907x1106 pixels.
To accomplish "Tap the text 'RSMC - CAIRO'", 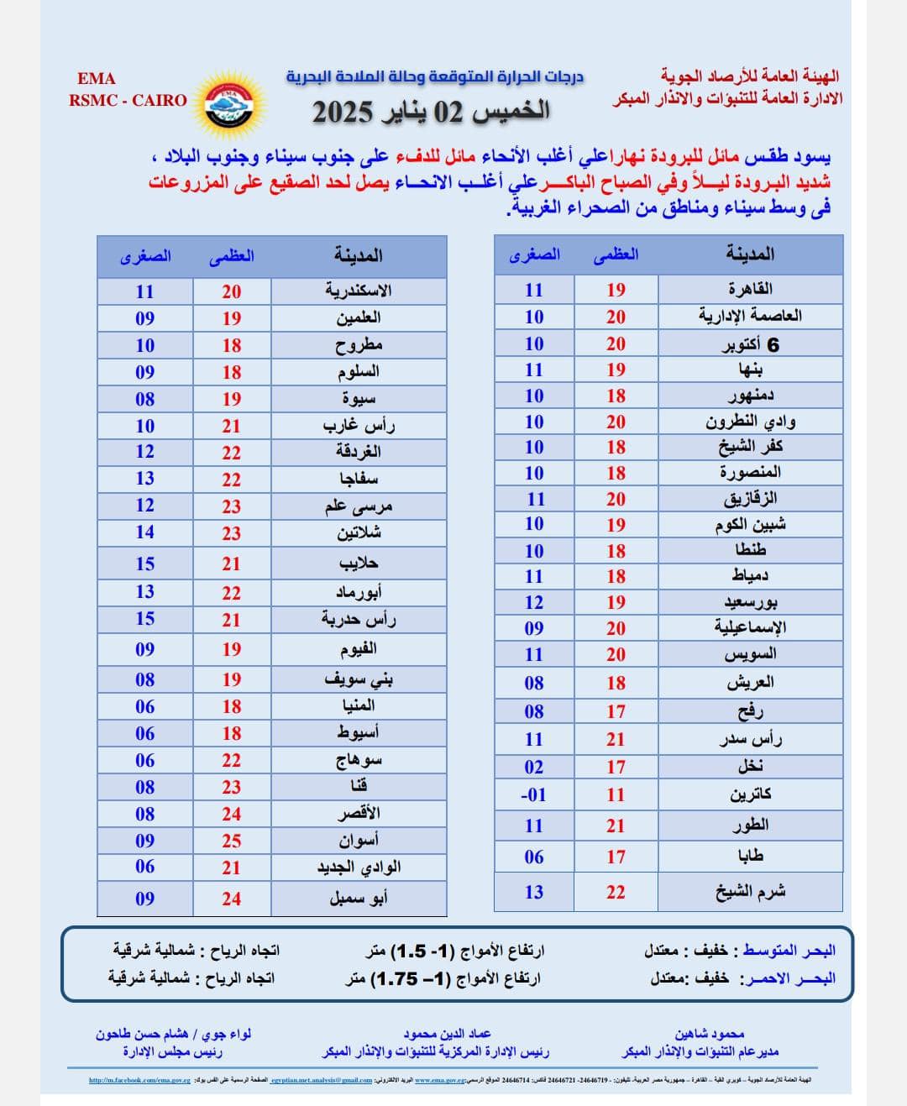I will tap(128, 100).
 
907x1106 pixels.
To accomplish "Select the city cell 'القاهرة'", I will tap(750, 289).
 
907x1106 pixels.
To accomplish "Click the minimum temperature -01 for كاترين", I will tap(533, 794).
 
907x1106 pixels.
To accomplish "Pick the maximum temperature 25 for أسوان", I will tap(231, 841).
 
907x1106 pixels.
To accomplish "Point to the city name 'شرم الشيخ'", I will tap(750, 892).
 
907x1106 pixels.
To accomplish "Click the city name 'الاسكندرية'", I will tap(359, 291).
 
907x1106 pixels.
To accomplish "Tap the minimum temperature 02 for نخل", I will tap(533, 767).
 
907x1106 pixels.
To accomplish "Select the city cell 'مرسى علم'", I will tap(359, 506).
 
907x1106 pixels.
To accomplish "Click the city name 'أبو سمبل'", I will tap(359, 899).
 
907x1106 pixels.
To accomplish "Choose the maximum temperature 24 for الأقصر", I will tap(231, 814).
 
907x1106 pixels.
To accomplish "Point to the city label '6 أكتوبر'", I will tap(750, 344).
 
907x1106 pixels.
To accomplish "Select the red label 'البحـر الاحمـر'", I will tap(787, 978).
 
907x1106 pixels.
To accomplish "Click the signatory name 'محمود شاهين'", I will tap(710, 1034).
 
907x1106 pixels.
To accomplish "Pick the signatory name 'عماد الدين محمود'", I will tap(447, 1034).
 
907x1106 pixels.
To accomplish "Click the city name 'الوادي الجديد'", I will tap(359, 868).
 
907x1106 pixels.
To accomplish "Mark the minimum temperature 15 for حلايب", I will tap(145, 563).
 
